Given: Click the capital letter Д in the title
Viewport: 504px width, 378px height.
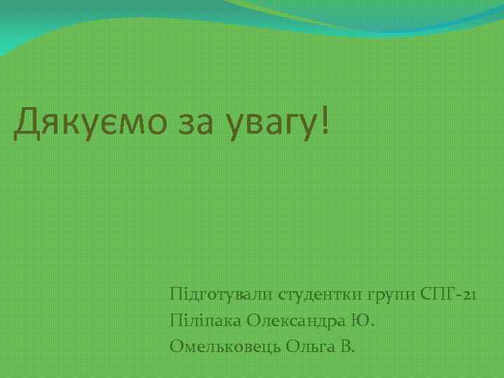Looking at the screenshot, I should [x=24, y=123].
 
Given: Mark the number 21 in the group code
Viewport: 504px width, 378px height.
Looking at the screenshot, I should [x=469, y=294].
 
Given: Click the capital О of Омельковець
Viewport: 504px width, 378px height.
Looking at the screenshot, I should [x=176, y=346].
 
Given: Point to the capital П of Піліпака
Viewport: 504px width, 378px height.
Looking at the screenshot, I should [x=175, y=320].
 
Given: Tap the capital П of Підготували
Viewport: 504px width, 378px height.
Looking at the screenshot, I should [x=175, y=293].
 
